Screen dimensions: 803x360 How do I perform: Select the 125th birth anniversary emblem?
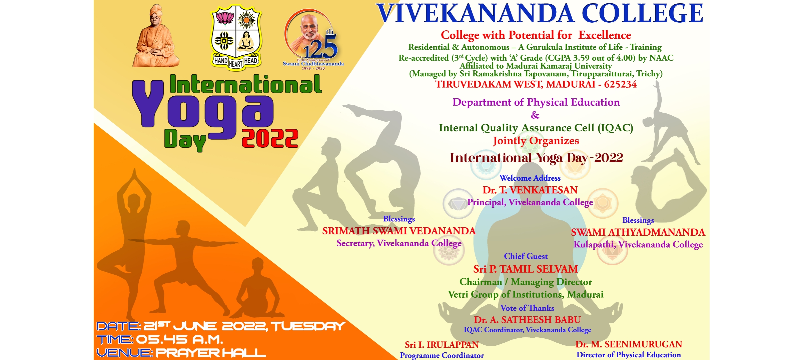[x=313, y=39]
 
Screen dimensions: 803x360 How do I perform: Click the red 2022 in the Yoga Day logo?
[x=270, y=138]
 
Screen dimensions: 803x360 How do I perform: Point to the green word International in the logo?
[x=246, y=84]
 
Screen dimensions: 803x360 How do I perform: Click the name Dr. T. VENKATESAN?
[x=530, y=190]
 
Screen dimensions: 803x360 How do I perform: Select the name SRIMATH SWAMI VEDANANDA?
[x=399, y=231]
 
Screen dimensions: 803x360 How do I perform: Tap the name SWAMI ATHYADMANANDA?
[x=638, y=232]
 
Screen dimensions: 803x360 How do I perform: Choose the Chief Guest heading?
[x=526, y=256]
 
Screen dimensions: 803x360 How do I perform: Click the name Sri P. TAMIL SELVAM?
[x=526, y=269]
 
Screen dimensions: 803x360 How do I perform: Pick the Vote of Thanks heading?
[x=527, y=308]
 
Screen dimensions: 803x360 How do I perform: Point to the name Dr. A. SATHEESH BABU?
[x=527, y=320]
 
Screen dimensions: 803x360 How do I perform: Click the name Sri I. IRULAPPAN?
[x=442, y=345]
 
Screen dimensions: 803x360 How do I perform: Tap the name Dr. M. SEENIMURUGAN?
[x=629, y=344]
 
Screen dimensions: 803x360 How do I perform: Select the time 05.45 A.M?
[x=179, y=340]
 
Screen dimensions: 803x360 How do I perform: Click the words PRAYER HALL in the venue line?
[x=211, y=353]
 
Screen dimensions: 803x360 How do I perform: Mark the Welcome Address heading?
[x=530, y=178]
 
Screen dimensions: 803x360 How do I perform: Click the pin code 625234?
[x=620, y=84]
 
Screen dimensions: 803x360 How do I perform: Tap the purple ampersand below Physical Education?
[x=535, y=115]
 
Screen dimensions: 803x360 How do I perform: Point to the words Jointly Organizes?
[x=536, y=141]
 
